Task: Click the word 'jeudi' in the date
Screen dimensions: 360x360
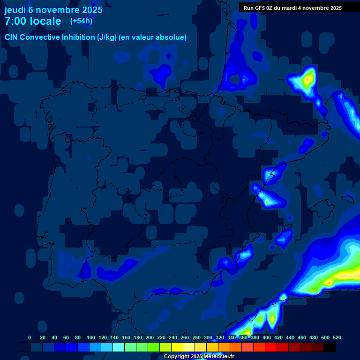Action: click(15, 10)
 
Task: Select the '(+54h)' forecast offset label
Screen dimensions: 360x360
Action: click(81, 21)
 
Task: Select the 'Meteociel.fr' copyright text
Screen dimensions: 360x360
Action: click(215, 357)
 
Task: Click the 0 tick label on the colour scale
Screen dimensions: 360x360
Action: click(30, 338)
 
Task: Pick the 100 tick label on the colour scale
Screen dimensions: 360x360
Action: click(91, 338)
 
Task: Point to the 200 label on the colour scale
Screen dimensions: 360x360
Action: click(150, 338)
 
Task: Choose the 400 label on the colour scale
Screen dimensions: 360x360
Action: click(267, 338)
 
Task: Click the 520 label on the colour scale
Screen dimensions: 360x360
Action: click(337, 338)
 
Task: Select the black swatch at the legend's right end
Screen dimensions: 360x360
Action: click(330, 347)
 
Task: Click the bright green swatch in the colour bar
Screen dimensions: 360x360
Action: click(154, 347)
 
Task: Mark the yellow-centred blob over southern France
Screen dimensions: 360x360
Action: click(307, 80)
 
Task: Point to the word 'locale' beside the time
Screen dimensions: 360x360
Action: click(45, 21)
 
